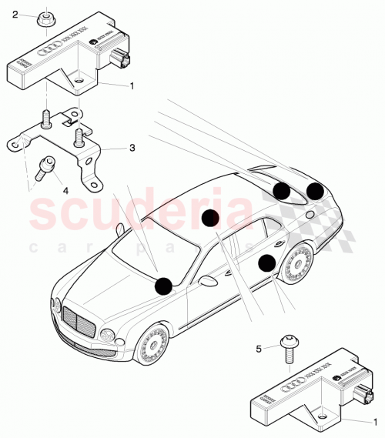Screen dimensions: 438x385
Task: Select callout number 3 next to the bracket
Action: click(132, 147)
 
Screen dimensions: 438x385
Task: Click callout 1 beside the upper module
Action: click(132, 86)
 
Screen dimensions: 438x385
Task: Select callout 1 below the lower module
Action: click(375, 422)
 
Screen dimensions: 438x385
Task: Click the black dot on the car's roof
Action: click(210, 219)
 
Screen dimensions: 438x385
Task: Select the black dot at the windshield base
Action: click(163, 286)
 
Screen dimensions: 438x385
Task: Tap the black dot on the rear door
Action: click(267, 263)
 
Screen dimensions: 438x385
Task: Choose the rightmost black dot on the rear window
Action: click(314, 191)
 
